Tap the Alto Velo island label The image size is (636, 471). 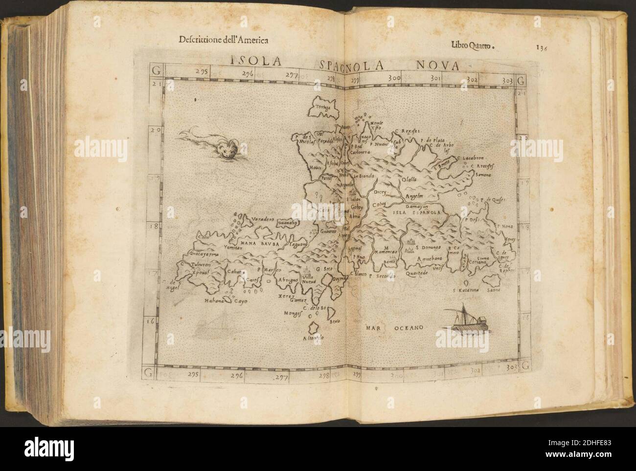[x=313, y=337]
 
